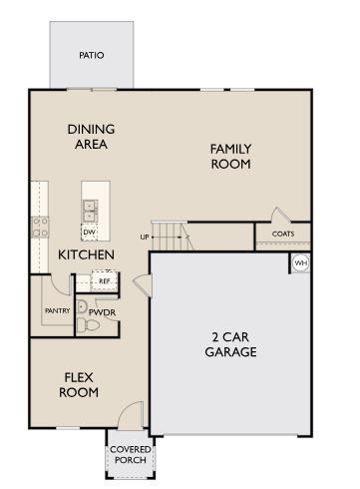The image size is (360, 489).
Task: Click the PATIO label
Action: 91,56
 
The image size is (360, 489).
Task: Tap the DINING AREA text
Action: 91,136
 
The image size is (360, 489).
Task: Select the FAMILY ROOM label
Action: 229,156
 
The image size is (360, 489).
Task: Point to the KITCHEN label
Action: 86,254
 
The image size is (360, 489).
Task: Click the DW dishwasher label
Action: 89,232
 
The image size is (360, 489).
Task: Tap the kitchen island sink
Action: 90,211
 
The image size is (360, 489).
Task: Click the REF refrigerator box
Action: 103,281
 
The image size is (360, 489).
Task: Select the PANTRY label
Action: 57,310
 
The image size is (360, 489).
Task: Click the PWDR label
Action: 103,311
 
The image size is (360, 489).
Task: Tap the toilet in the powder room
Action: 83,308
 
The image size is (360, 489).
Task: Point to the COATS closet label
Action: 283,234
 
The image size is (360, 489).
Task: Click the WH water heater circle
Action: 300,262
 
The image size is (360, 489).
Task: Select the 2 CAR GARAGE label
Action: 231,344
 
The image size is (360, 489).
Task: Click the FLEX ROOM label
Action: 80,384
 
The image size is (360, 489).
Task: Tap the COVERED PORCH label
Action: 129,454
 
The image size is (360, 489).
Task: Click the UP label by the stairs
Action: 145,237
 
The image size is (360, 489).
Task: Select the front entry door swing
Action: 129,414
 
